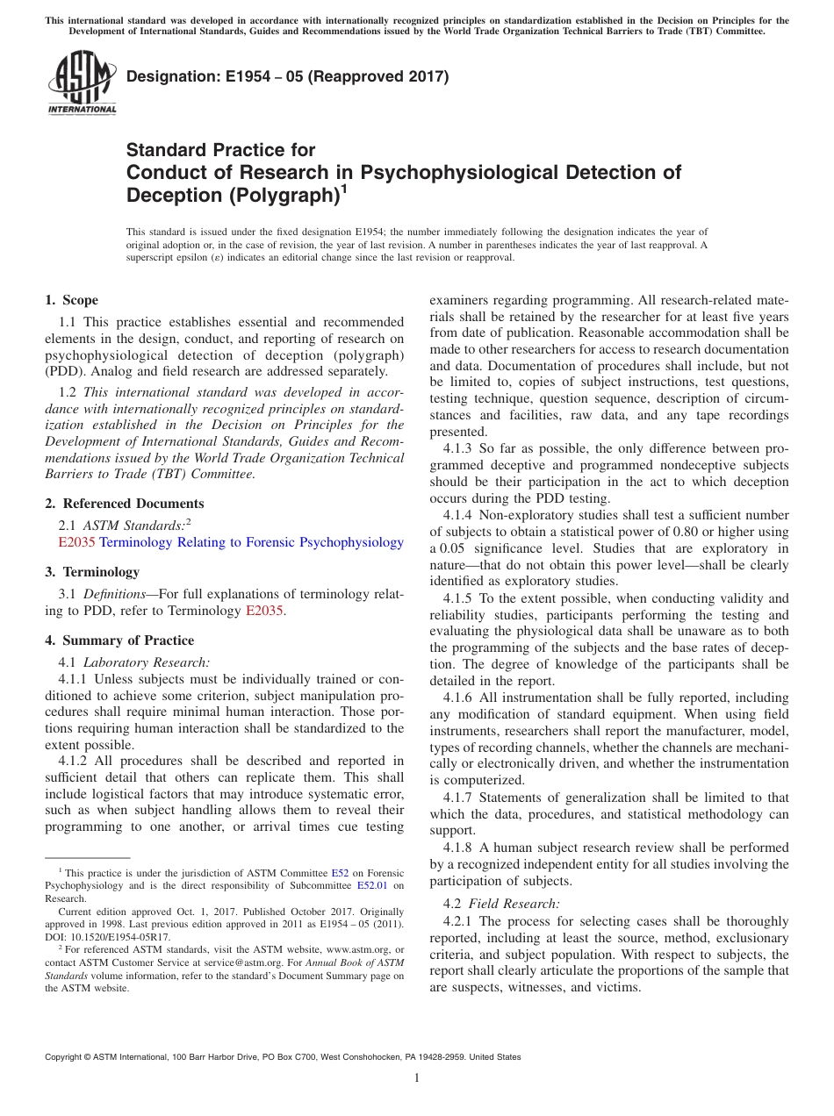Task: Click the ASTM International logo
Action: pyautogui.click(x=82, y=83)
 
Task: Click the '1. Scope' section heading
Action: pyautogui.click(x=72, y=300)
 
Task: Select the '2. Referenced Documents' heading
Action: pyautogui.click(x=125, y=504)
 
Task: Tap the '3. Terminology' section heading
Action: pyautogui.click(x=92, y=572)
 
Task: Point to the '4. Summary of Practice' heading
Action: pyautogui.click(x=119, y=640)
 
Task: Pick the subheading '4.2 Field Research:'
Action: pyautogui.click(x=501, y=904)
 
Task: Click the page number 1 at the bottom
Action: pyautogui.click(x=417, y=1078)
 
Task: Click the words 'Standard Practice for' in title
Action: pyautogui.click(x=221, y=150)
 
